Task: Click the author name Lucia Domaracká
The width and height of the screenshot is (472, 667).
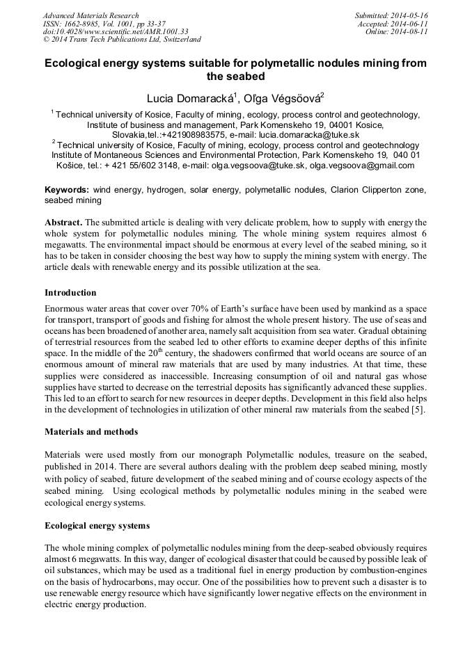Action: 187,97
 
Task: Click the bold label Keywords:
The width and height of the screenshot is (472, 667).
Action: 67,189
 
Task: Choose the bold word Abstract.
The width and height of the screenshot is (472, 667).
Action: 63,222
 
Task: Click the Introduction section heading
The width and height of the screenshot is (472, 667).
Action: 70,292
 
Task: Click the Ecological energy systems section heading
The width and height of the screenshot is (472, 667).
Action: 97,525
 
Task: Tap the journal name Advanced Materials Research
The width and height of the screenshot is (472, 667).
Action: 91,15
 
